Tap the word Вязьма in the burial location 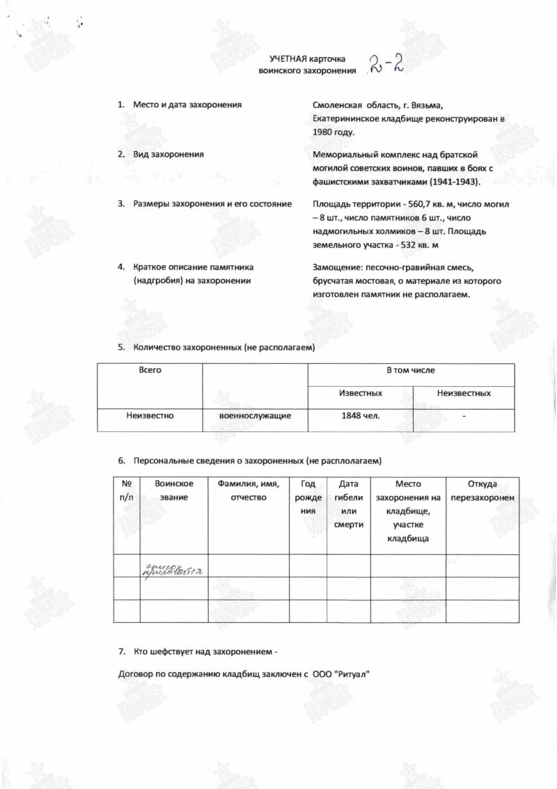click(x=438, y=105)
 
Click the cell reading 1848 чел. click(x=360, y=415)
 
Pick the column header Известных click(x=360, y=393)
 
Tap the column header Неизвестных click(x=464, y=393)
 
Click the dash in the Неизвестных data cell click(x=464, y=416)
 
